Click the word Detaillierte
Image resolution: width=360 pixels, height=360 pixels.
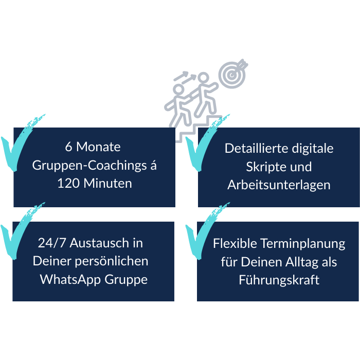point(254,149)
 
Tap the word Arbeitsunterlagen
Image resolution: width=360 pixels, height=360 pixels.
point(279,185)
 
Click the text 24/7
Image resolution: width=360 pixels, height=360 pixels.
point(50,243)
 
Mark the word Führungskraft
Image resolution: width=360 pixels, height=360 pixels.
point(279,280)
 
